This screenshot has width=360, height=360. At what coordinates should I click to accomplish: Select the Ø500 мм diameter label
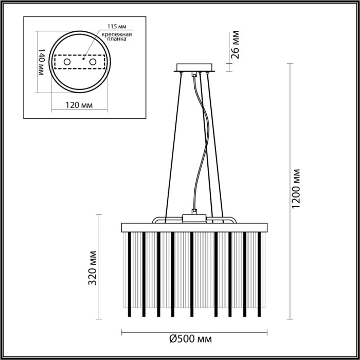click(x=191, y=339)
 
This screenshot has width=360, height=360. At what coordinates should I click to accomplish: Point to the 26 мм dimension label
click(x=236, y=46)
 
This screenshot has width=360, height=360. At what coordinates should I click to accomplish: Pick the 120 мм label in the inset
click(x=80, y=105)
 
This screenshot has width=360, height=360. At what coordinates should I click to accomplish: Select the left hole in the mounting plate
click(x=67, y=62)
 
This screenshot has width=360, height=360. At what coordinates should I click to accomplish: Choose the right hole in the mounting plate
click(x=93, y=62)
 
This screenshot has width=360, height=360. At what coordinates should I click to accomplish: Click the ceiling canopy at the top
click(x=194, y=67)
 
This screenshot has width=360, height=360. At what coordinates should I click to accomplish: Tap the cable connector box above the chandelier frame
click(x=194, y=217)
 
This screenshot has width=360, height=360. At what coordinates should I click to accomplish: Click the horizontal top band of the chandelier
click(x=194, y=227)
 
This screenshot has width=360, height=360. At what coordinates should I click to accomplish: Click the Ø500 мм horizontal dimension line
click(x=154, y=331)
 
